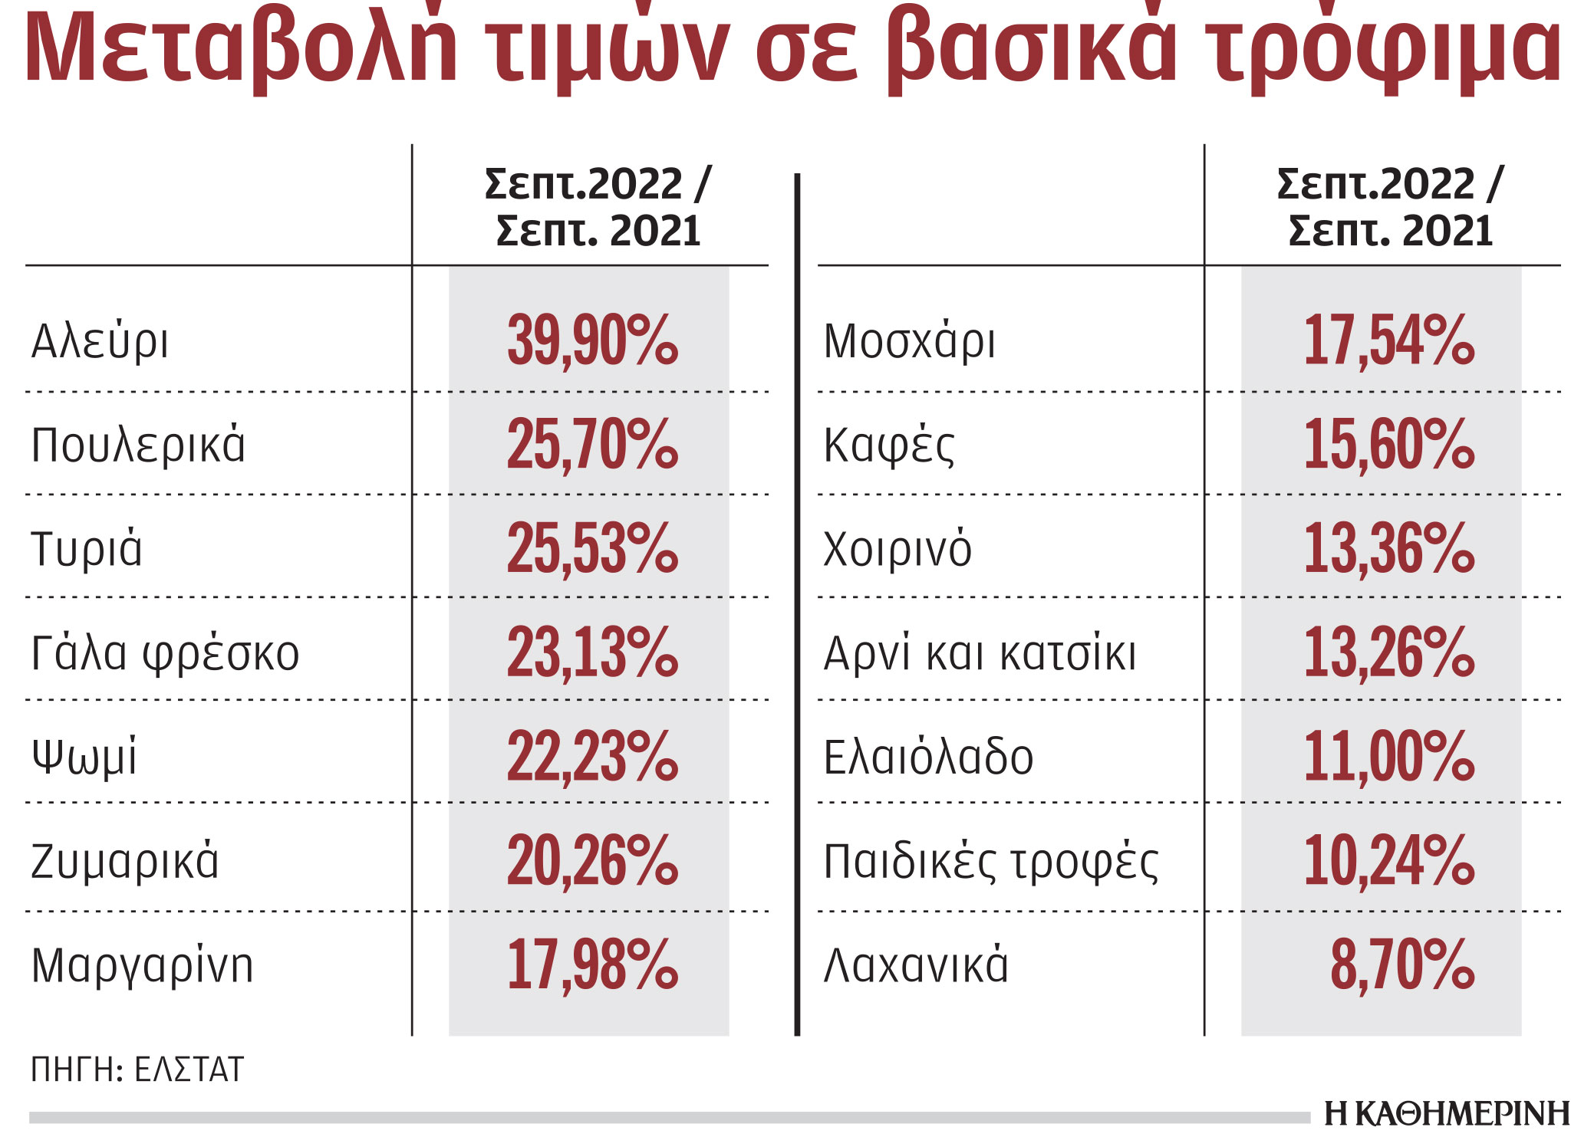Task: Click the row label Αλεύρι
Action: (100, 341)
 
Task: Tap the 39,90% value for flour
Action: (592, 340)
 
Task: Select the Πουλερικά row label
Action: (138, 445)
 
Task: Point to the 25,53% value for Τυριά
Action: (592, 548)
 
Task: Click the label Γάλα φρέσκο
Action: (165, 653)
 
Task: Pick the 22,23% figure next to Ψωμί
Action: (592, 757)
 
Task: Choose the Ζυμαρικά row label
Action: (125, 861)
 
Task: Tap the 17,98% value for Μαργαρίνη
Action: (592, 965)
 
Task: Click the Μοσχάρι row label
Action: (909, 341)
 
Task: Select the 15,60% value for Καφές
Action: (1389, 445)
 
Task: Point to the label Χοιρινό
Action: (897, 549)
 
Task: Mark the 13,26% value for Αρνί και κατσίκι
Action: (1389, 653)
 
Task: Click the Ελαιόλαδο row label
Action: (928, 758)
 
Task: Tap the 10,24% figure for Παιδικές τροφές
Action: (1389, 861)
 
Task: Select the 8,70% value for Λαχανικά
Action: (1402, 965)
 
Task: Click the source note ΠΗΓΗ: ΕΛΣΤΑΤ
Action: (137, 1069)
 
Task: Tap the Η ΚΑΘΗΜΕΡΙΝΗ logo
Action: (1447, 1114)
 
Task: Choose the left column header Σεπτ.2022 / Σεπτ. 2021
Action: (598, 207)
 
